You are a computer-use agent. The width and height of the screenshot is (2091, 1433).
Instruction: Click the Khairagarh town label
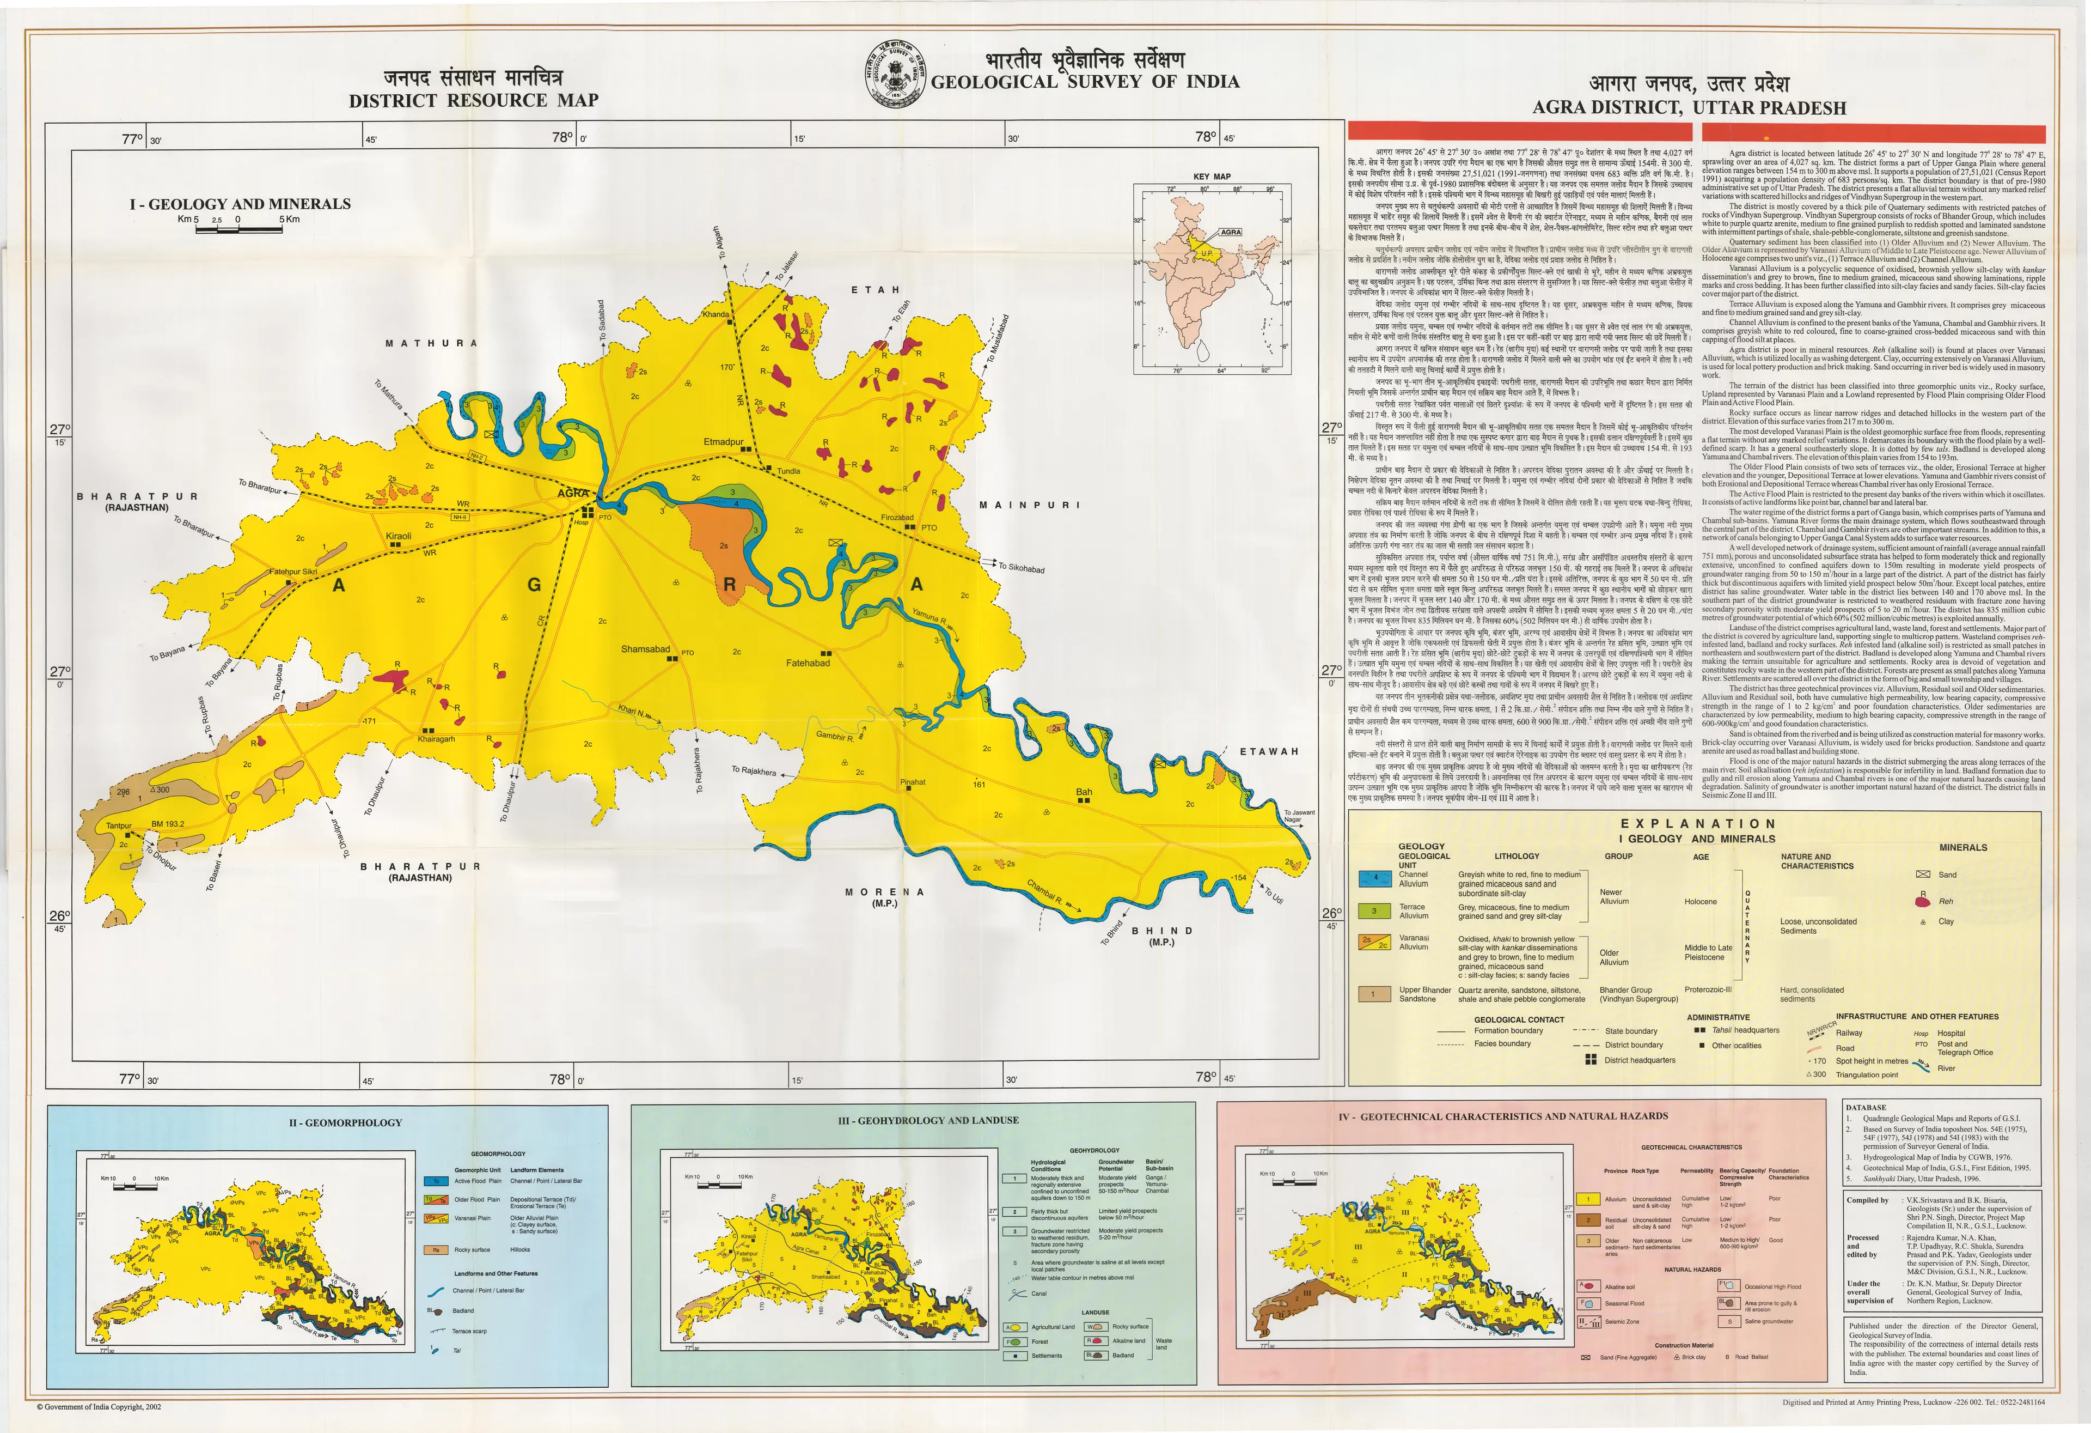[436, 739]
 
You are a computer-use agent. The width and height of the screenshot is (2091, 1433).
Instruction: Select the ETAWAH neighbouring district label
[1269, 751]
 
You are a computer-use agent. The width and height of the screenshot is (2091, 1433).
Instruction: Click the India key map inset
[1211, 279]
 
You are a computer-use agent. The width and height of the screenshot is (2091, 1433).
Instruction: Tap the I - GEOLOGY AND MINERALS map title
[240, 204]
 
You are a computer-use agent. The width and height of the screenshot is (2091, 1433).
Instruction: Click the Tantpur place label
[119, 825]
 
